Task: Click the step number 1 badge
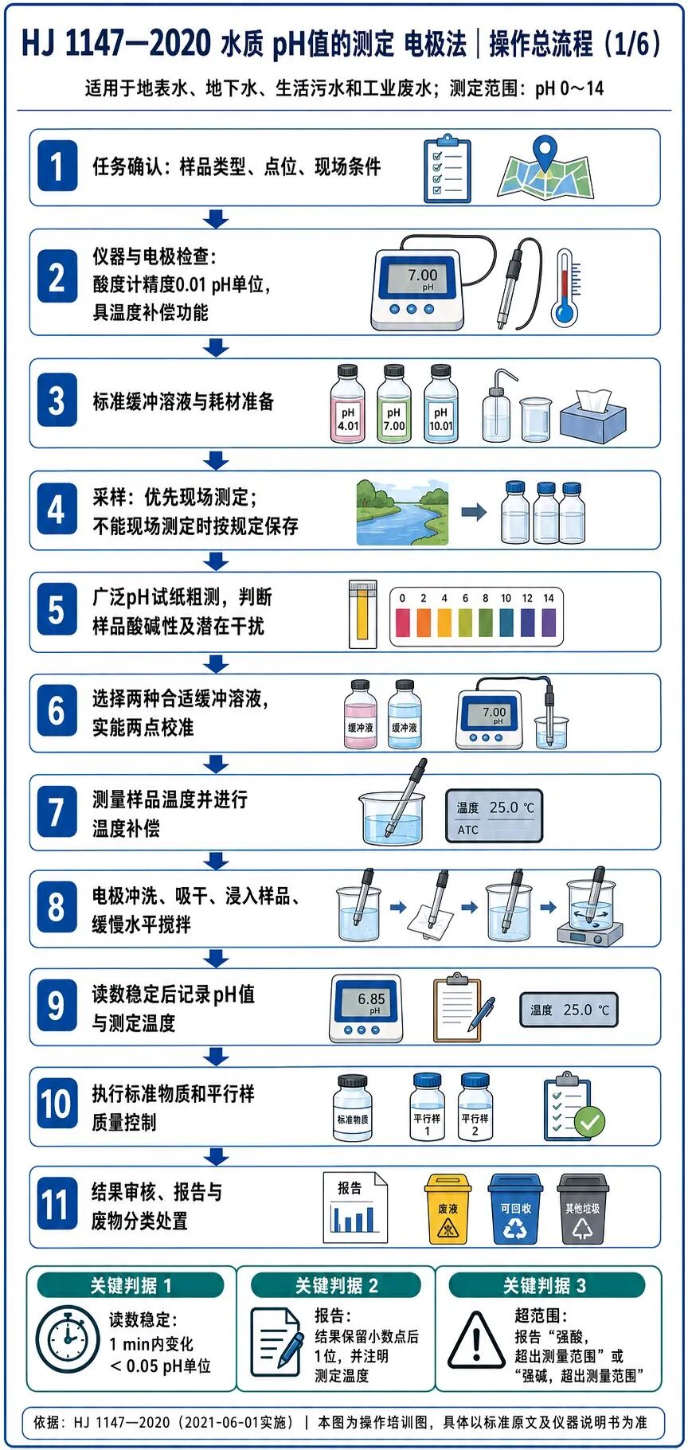click(57, 166)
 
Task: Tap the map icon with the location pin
click(545, 168)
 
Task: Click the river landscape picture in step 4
click(403, 512)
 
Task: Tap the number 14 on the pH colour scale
click(549, 598)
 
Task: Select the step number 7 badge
click(57, 812)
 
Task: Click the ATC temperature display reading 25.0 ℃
click(494, 815)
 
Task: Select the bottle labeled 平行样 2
click(475, 1107)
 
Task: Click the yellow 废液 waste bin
click(448, 1209)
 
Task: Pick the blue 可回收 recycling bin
click(515, 1209)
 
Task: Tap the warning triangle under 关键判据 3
click(476, 1340)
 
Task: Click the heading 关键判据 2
click(336, 1285)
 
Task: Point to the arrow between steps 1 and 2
click(216, 218)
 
